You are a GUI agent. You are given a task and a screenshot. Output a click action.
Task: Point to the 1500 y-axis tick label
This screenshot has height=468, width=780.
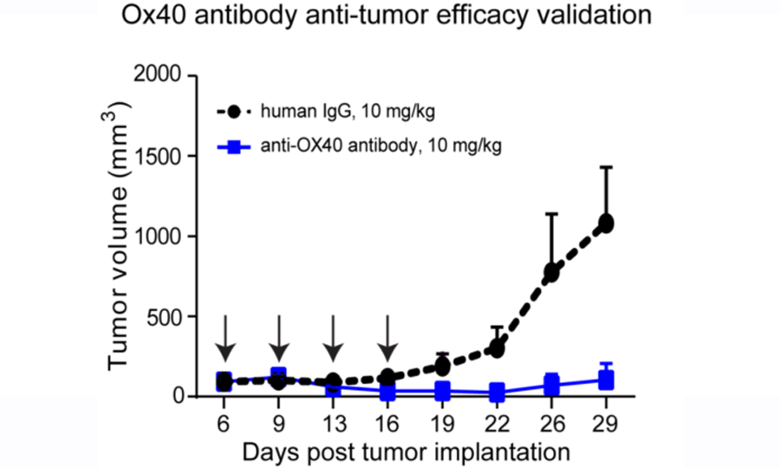point(163,157)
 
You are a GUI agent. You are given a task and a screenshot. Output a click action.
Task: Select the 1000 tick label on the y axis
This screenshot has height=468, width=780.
point(163,237)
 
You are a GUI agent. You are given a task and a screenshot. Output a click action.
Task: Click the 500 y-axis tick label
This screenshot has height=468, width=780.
point(170,317)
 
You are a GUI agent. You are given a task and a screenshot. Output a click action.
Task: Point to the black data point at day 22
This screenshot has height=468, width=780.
point(497,348)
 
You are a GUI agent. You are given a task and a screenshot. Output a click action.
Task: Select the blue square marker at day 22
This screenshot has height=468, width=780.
point(497,392)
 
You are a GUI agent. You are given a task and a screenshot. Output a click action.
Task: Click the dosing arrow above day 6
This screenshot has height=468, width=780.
point(224,339)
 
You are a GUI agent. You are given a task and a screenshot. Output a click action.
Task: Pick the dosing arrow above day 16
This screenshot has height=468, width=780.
point(388,339)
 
